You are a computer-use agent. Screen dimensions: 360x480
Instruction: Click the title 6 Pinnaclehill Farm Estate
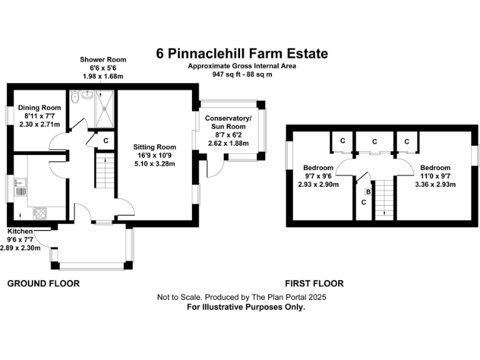(242, 54)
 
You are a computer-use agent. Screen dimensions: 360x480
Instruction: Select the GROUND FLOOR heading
(43, 283)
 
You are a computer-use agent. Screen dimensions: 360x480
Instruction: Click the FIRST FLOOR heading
(314, 283)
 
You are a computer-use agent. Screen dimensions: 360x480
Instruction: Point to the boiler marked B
(368, 191)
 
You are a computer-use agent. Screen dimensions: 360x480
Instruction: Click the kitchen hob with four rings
(40, 212)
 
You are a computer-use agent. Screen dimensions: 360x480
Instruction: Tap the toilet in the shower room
(74, 98)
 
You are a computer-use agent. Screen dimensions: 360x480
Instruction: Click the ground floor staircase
(104, 172)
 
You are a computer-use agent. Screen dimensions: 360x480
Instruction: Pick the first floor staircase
(383, 197)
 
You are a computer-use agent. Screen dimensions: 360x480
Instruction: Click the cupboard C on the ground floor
(106, 141)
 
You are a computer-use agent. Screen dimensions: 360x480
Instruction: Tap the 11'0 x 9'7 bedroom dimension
(435, 176)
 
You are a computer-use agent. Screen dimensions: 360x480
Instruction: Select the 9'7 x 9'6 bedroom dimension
(317, 176)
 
